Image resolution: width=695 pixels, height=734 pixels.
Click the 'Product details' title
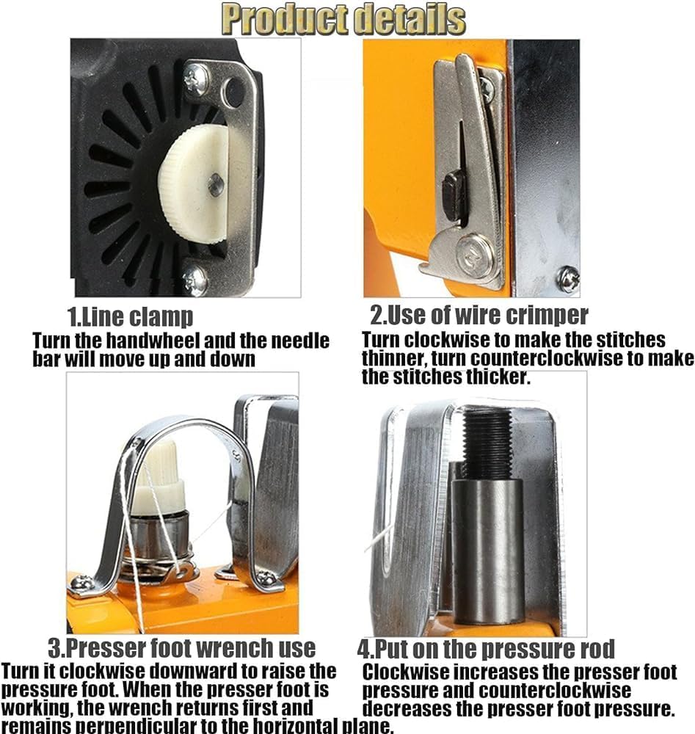[343, 19]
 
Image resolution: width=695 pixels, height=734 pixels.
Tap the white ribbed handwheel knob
[194, 186]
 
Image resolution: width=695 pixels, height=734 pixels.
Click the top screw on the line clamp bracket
[196, 79]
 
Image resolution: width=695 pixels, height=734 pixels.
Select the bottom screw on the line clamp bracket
[195, 280]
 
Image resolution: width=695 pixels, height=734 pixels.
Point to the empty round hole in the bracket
[233, 92]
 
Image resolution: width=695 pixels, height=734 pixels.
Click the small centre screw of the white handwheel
[215, 185]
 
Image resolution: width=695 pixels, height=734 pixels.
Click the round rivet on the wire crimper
[476, 255]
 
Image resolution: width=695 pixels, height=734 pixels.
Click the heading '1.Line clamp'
[130, 317]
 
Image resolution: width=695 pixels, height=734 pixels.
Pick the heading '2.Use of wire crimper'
[479, 315]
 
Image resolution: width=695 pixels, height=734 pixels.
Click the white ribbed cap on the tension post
[157, 476]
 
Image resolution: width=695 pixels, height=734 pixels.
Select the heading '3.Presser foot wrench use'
[182, 648]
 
